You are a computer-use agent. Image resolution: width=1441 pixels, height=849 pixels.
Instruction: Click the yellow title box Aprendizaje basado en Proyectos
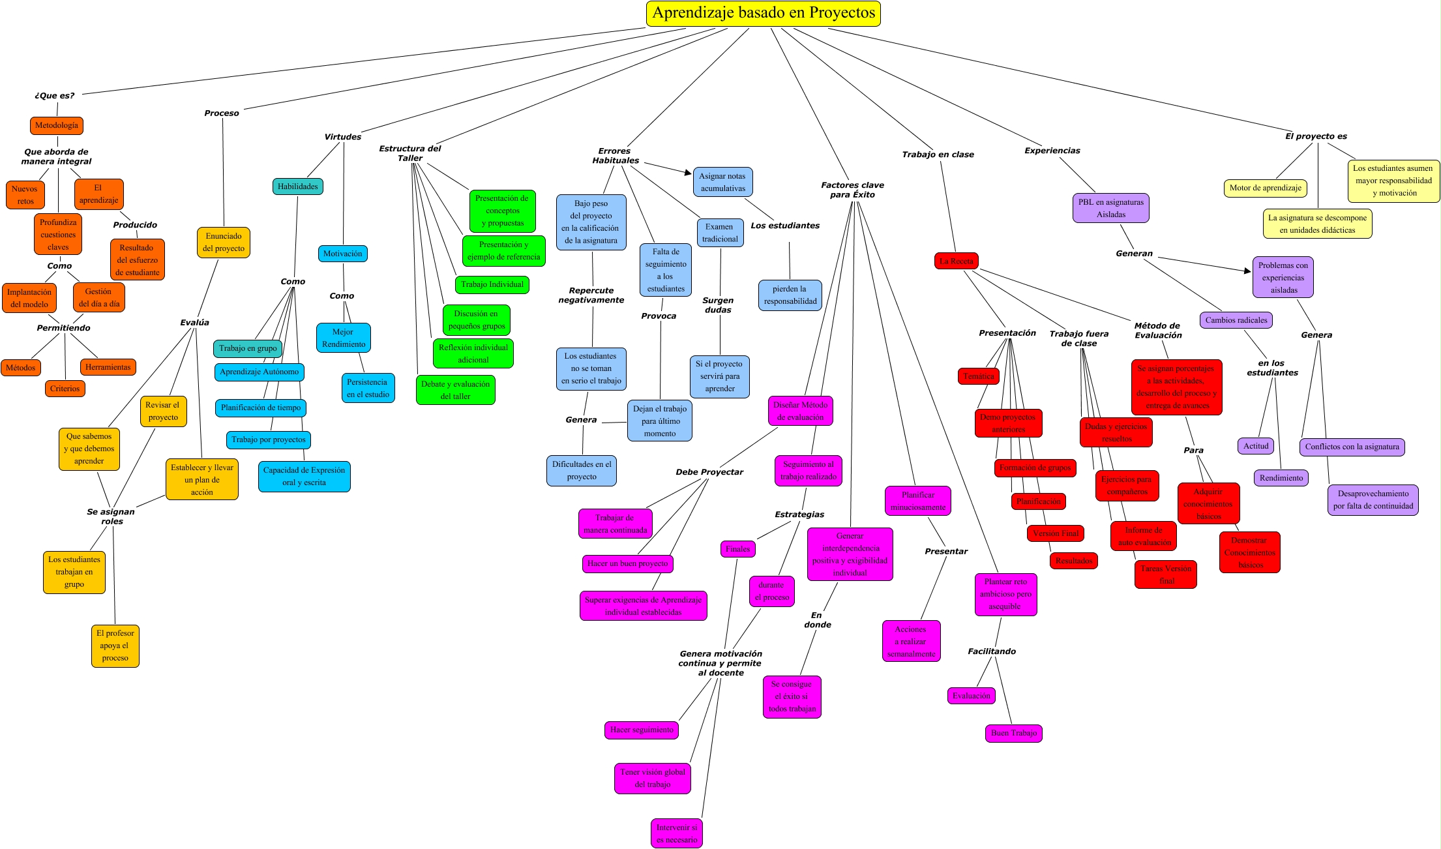coord(763,13)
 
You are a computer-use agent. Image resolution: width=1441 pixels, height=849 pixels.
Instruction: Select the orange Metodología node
coord(57,125)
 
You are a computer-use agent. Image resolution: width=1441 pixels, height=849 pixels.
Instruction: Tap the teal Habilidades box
coord(297,186)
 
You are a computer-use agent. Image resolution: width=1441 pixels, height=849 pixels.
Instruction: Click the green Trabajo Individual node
coord(492,284)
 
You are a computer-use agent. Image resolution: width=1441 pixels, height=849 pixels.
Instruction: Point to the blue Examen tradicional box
coord(720,233)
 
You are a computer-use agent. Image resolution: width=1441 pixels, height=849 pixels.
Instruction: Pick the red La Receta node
coord(956,261)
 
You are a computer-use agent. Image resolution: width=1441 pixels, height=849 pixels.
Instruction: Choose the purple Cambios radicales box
coord(1236,320)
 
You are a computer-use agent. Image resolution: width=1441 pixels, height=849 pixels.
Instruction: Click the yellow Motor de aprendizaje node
coord(1265,188)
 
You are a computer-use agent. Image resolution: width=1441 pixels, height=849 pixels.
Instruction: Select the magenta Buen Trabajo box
coord(1013,733)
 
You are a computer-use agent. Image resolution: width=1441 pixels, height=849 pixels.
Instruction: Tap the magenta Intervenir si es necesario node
coord(676,833)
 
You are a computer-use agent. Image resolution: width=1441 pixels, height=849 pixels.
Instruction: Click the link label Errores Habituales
coord(615,155)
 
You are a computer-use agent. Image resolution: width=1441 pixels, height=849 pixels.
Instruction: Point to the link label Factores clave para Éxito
coord(852,190)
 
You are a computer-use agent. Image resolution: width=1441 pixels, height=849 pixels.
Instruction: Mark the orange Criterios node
coord(65,389)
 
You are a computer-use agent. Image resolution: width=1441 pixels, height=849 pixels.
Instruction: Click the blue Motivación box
coord(342,254)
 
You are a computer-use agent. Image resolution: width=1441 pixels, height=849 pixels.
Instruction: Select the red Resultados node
coord(1073,561)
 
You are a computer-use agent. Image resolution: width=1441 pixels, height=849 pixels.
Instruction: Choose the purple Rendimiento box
coord(1281,478)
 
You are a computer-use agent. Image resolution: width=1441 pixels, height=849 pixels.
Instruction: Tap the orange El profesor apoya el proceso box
coord(115,646)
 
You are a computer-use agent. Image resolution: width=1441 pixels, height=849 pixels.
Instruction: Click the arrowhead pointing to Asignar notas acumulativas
coord(688,173)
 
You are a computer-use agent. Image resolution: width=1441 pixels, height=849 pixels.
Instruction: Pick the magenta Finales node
coord(737,549)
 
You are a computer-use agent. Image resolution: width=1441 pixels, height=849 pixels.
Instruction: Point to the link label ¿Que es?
coord(54,95)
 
